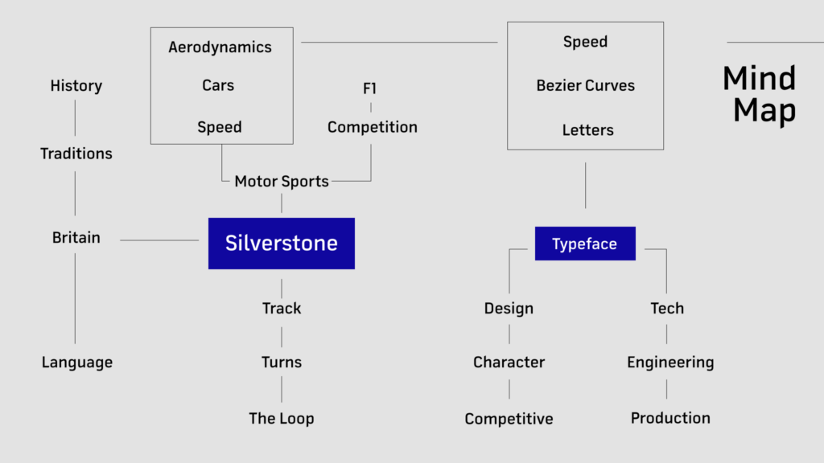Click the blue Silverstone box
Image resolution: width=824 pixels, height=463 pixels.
click(281, 244)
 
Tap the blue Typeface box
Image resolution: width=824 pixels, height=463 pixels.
click(585, 244)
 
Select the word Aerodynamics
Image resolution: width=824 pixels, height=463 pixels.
click(220, 47)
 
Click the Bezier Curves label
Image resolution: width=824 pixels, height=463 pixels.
click(586, 85)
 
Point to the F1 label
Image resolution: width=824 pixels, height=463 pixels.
click(369, 88)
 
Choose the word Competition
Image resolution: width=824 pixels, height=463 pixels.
click(372, 128)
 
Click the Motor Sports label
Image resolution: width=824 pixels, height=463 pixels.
click(281, 182)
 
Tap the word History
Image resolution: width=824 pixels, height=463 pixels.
click(76, 86)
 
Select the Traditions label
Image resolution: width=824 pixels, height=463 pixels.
click(76, 154)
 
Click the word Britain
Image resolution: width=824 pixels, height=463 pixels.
click(76, 238)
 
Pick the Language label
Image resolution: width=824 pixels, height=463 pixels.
click(76, 363)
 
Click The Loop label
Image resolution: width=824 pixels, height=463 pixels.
click(281, 419)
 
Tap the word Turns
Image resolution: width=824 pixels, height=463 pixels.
click(281, 363)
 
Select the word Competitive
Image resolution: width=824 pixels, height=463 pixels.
click(509, 420)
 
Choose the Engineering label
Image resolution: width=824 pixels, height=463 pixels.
click(670, 363)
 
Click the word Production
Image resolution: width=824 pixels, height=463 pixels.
click(670, 418)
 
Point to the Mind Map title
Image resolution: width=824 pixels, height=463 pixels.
click(760, 95)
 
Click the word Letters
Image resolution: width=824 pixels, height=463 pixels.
click(587, 130)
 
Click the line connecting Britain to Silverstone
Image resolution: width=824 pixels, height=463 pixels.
click(159, 240)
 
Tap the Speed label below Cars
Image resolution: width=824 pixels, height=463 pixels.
click(219, 128)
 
